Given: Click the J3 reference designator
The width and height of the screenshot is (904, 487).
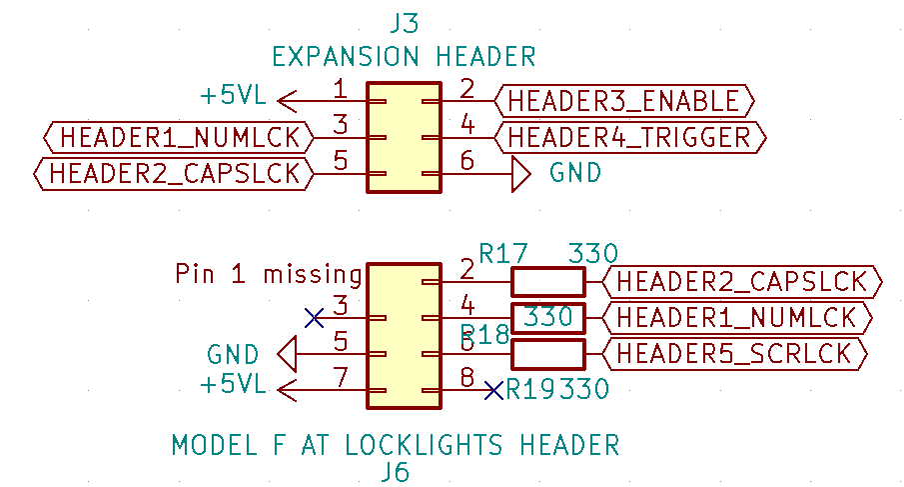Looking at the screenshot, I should point(404,23).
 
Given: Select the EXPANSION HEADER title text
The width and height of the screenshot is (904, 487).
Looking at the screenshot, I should point(404,55).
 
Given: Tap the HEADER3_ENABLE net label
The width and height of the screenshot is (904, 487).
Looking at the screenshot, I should point(623,101).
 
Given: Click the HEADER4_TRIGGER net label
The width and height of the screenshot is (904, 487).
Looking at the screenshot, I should point(629,137).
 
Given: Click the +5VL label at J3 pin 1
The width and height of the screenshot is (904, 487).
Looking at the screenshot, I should point(233,97).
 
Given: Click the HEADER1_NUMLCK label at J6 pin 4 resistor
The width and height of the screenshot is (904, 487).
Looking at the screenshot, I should point(736,318).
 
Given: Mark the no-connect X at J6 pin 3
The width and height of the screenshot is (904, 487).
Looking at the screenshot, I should point(314,318).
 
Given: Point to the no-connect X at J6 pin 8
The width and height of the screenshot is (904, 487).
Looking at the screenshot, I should point(492,390).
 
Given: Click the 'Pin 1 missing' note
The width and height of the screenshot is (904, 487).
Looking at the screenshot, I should point(268,274).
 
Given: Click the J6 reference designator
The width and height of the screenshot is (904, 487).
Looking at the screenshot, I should point(396,472).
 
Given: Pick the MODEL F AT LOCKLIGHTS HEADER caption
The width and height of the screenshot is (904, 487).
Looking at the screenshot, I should point(396,445).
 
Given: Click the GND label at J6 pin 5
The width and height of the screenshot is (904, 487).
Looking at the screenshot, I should point(233,353).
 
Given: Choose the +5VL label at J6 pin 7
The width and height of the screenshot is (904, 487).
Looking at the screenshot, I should point(233,385).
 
